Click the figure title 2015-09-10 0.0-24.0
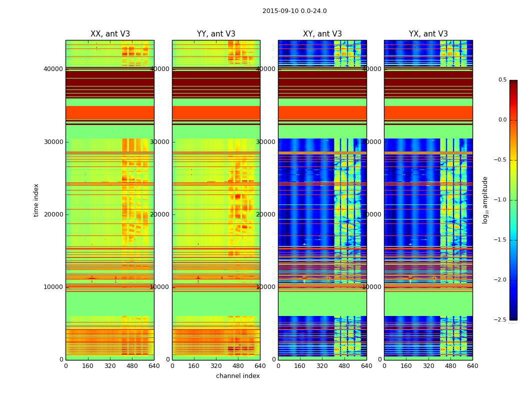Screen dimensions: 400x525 pos(294,11)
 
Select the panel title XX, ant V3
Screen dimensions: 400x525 pos(110,34)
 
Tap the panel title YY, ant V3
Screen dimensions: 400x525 pos(216,34)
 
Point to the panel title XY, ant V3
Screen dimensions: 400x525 pos(322,34)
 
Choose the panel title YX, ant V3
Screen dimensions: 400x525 pos(428,34)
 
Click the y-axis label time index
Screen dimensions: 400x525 pos(36,199)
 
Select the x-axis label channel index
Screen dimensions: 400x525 pos(238,376)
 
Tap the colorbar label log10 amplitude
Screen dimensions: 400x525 pos(485,199)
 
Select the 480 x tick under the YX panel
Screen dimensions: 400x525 pos(450,366)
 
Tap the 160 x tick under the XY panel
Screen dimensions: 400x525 pos(300,366)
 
